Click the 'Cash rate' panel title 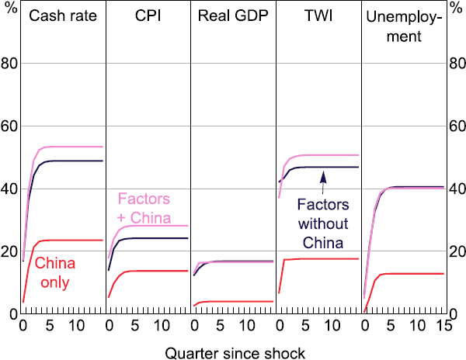pyautogui.click(x=62, y=16)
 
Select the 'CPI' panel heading pyautogui.click(x=148, y=16)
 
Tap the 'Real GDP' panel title pyautogui.click(x=233, y=16)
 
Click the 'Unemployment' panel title pyautogui.click(x=403, y=25)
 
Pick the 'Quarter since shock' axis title pyautogui.click(x=233, y=352)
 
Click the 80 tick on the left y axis pyautogui.click(x=11, y=64)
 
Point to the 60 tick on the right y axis pyautogui.click(x=455, y=126)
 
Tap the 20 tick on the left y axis pyautogui.click(x=11, y=251)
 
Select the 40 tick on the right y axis pyautogui.click(x=455, y=189)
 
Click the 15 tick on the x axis pyautogui.click(x=440, y=324)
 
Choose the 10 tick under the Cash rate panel pyautogui.click(x=78, y=324)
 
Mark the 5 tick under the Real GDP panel pyautogui.click(x=220, y=324)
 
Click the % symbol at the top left pyautogui.click(x=9, y=13)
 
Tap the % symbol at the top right pyautogui.click(x=456, y=13)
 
